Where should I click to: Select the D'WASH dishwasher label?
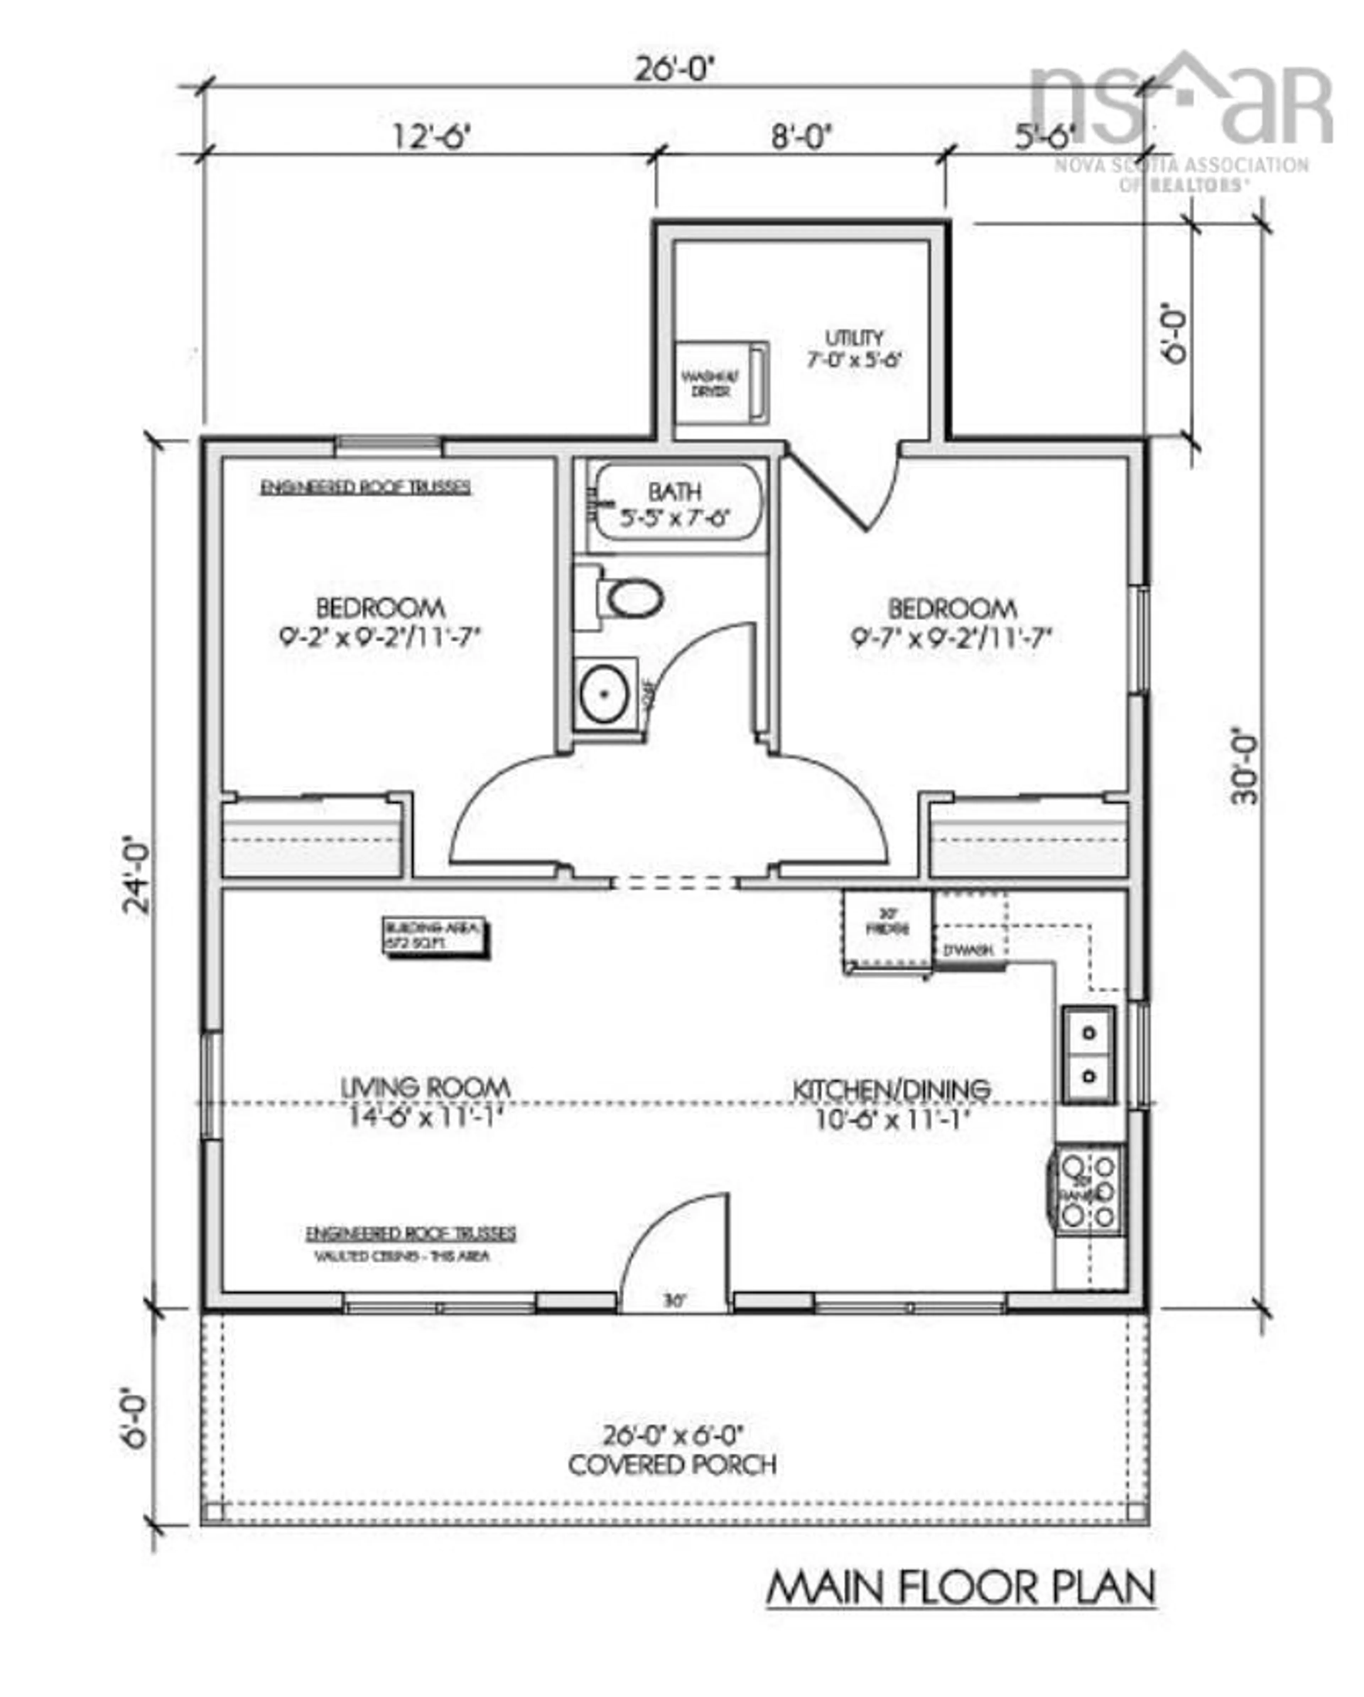coord(968,950)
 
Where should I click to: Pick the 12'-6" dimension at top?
coord(431,137)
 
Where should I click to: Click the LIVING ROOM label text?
coord(425,1089)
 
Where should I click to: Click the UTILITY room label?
coord(854,338)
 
